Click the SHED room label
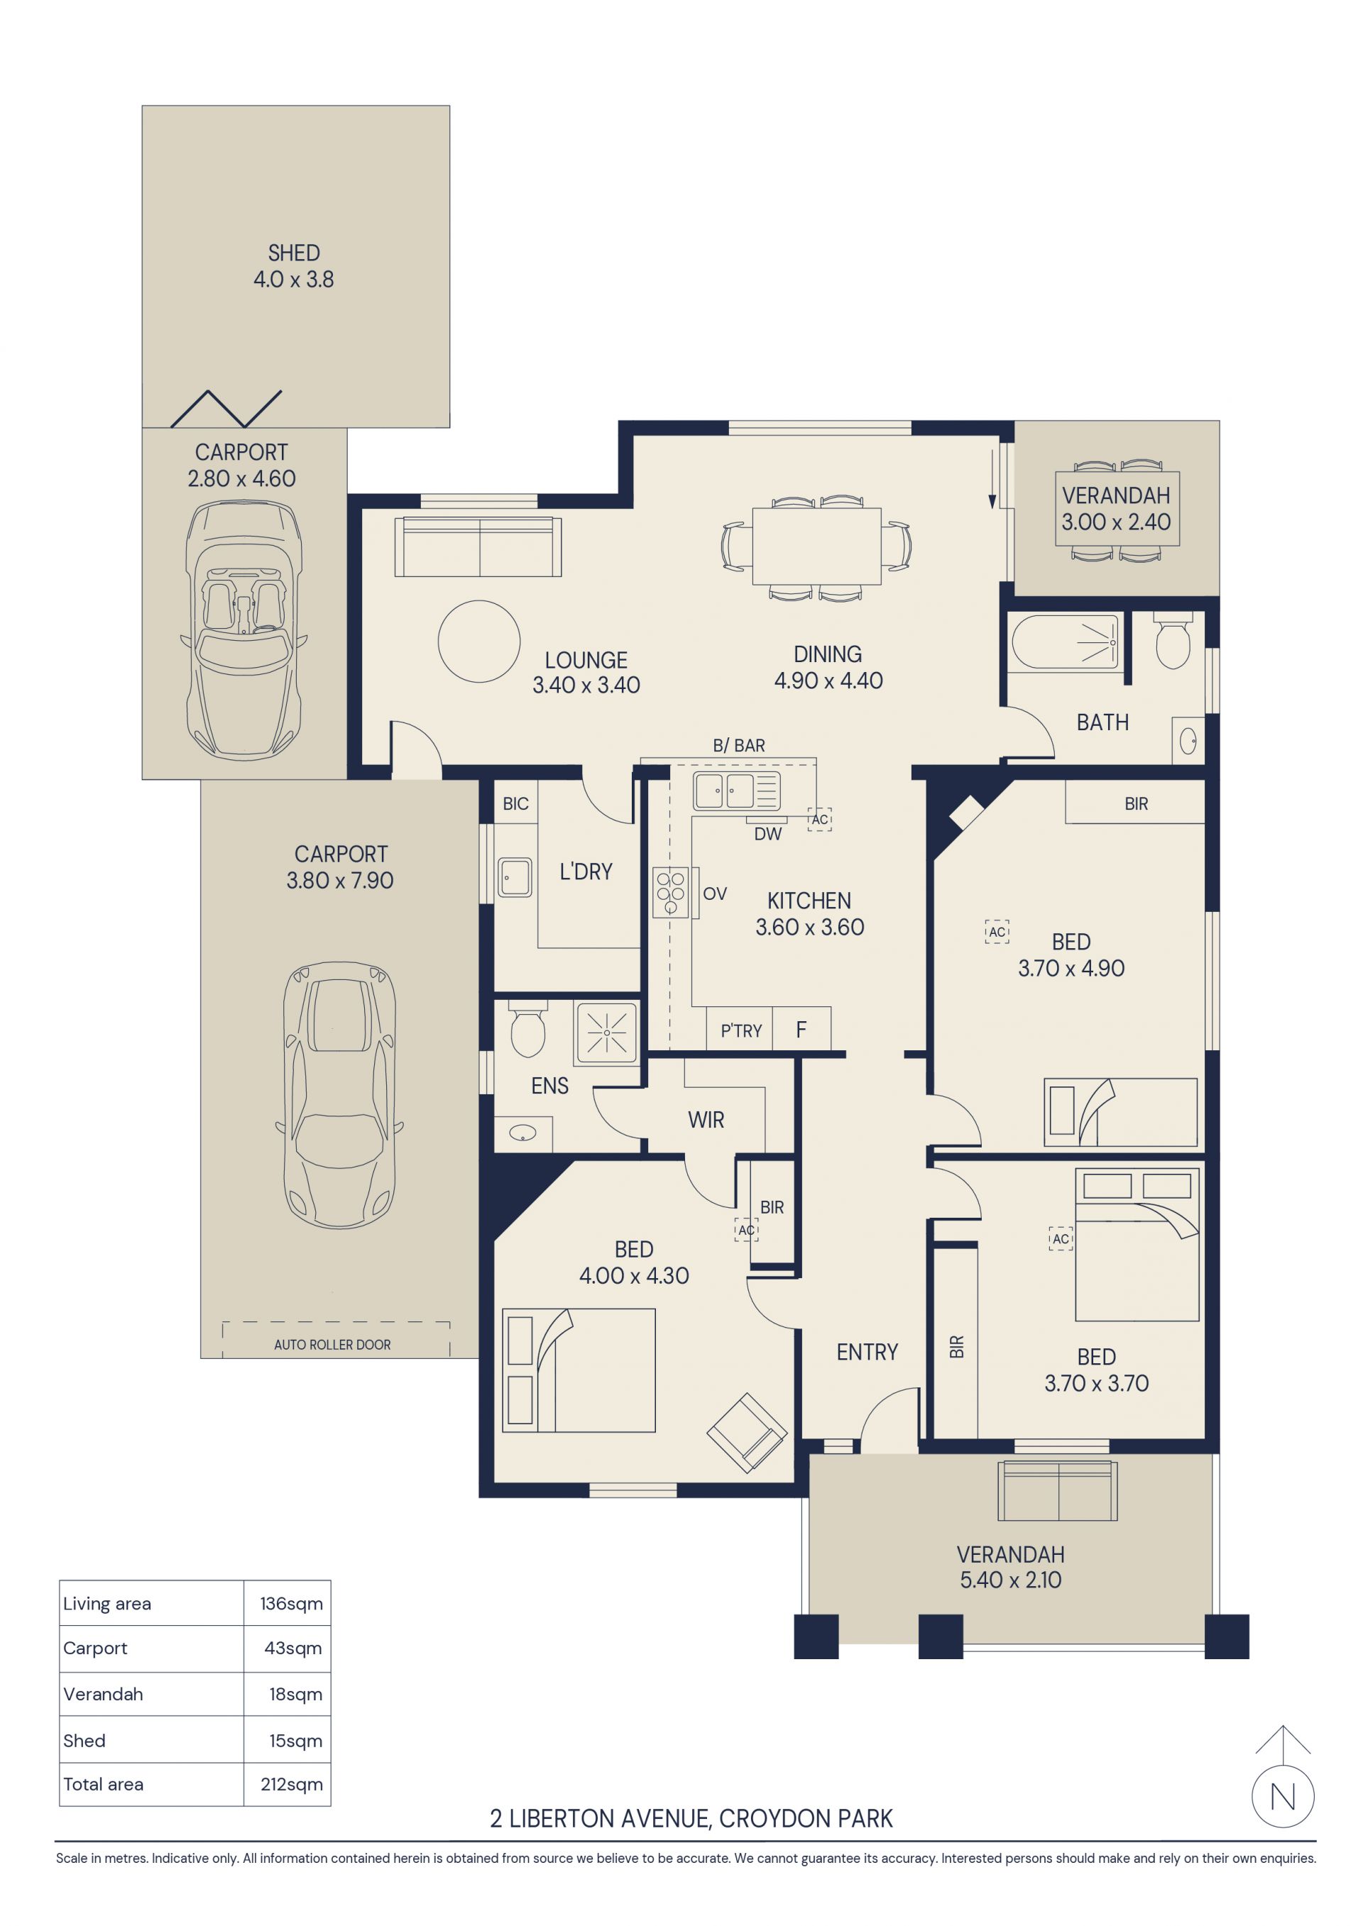pyautogui.click(x=294, y=253)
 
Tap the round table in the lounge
pyautogui.click(x=478, y=641)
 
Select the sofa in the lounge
pyautogui.click(x=478, y=547)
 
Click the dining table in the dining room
pyautogui.click(x=816, y=546)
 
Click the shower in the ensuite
pyautogui.click(x=606, y=1032)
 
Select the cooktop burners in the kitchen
pyautogui.click(x=671, y=893)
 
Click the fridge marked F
pyautogui.click(x=801, y=1029)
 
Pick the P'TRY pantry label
pyautogui.click(x=741, y=1031)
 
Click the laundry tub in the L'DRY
pyautogui.click(x=515, y=877)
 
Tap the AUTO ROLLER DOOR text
pyautogui.click(x=332, y=1345)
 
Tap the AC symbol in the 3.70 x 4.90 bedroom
pyautogui.click(x=997, y=932)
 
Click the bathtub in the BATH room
pyautogui.click(x=1065, y=642)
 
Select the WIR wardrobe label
pyautogui.click(x=706, y=1120)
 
